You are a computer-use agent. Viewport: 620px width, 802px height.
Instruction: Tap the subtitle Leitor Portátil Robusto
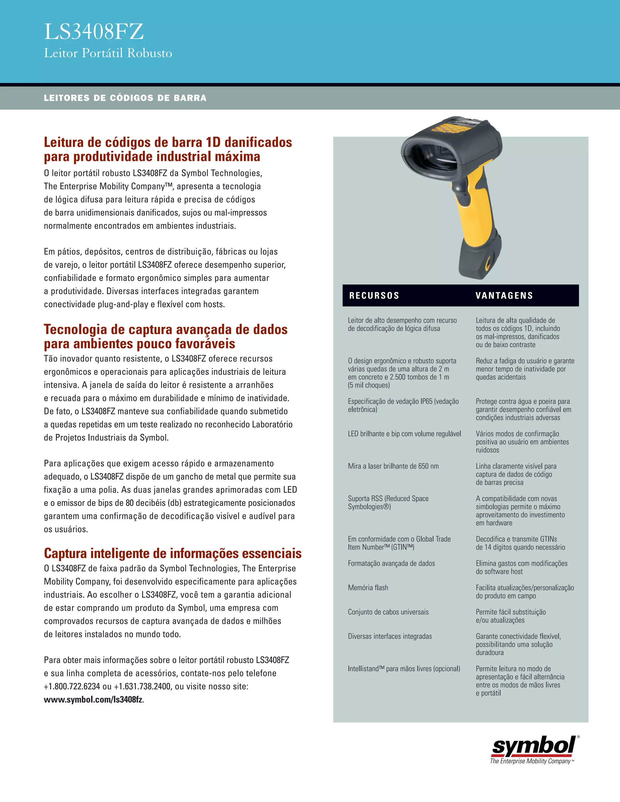coord(108,53)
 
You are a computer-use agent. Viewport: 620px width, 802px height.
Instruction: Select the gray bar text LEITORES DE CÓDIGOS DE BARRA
coord(125,98)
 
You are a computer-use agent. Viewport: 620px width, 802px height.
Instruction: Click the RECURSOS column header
coord(374,296)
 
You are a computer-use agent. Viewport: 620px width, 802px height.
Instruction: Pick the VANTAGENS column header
coord(504,296)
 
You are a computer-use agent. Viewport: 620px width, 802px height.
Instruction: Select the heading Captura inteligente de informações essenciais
coord(173,554)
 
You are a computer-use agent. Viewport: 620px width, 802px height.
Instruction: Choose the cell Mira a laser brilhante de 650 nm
coord(393,466)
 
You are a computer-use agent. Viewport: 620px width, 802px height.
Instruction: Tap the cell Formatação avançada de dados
coord(391,563)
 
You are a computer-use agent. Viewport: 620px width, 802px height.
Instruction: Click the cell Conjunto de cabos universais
coord(388,612)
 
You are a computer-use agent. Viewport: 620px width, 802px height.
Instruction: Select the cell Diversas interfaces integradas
coord(390,636)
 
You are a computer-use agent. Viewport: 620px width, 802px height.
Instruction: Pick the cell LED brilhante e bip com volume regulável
coord(404,434)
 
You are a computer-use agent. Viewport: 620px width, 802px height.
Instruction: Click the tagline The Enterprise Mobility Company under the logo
coord(530,761)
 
